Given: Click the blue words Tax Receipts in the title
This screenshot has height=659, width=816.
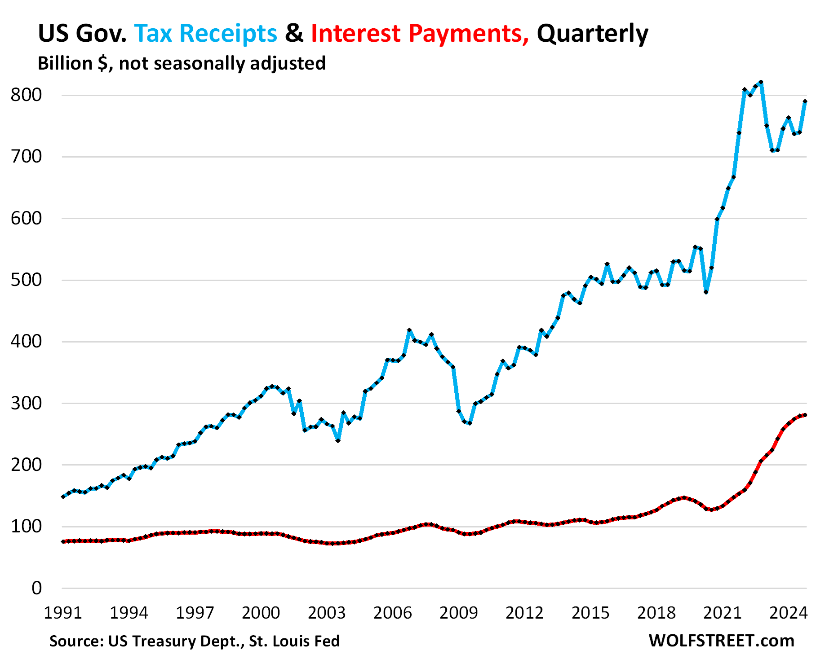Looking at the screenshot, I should click(x=206, y=33).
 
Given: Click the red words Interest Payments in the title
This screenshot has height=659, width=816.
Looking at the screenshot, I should click(x=420, y=33).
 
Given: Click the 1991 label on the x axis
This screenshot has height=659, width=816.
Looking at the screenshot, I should click(x=63, y=613).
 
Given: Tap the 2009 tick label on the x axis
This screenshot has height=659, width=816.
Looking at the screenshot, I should click(x=458, y=613).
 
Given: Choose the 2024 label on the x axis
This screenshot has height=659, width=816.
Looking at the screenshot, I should click(x=788, y=613).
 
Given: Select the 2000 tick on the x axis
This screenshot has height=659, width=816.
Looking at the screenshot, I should click(x=261, y=613).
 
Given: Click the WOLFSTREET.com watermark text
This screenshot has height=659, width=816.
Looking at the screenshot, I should click(x=721, y=641).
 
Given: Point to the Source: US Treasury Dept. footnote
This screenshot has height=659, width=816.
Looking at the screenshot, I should click(x=194, y=641).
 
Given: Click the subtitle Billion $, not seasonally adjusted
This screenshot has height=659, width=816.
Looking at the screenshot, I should click(x=182, y=63).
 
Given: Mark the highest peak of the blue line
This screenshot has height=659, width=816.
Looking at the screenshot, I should click(x=761, y=82).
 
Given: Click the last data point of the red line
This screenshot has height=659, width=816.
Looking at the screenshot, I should click(x=805, y=415).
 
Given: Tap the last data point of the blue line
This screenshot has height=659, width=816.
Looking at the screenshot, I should click(x=805, y=101).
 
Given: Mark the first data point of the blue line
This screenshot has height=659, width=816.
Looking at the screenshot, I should click(x=63, y=496).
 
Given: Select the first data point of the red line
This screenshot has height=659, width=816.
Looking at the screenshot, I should click(x=63, y=541).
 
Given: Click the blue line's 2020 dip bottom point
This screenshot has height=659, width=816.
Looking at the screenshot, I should click(x=706, y=292).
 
